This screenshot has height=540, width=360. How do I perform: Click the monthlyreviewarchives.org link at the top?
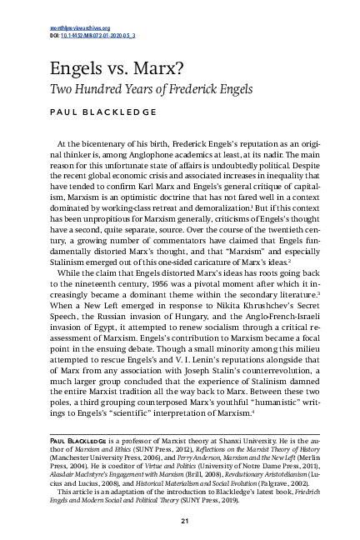tap(75, 28)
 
